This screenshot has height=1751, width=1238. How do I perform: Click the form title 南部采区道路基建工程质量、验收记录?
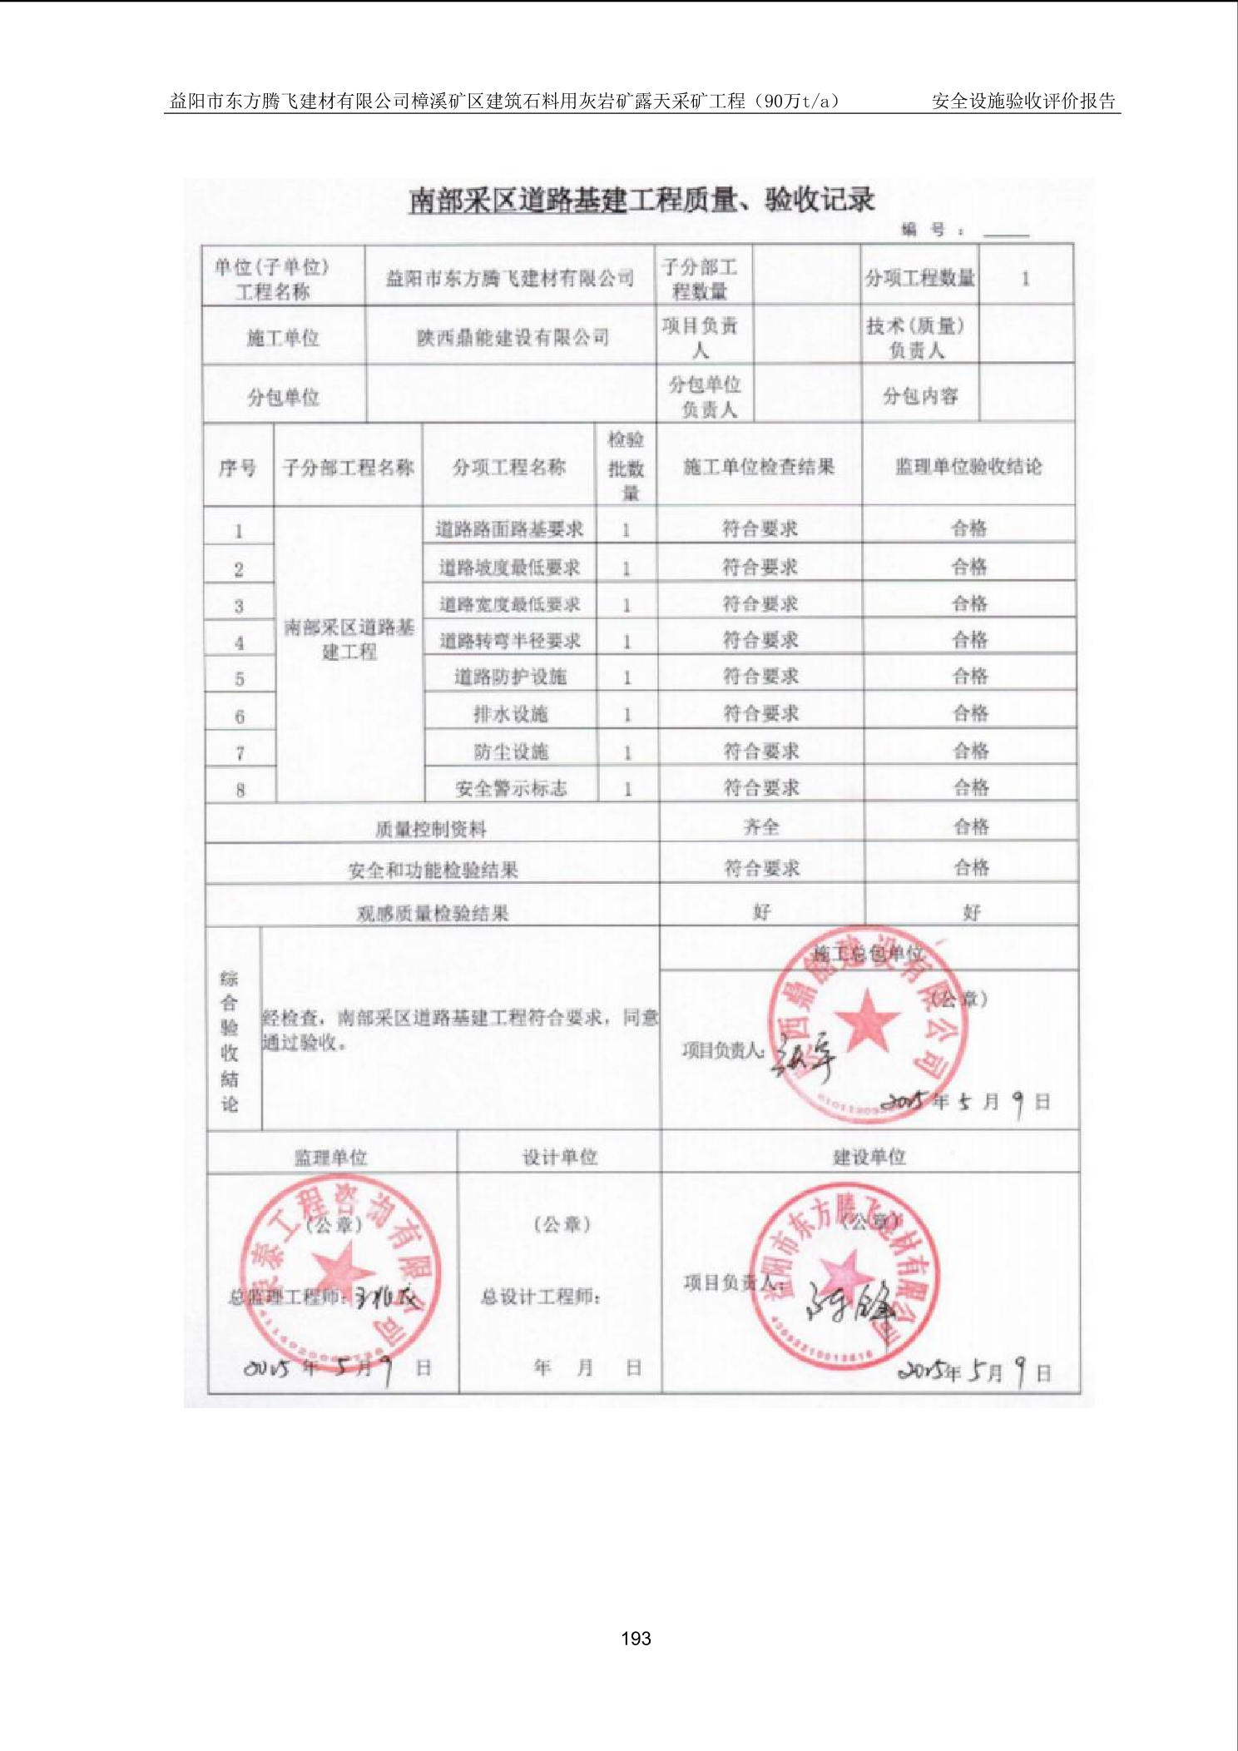[641, 201]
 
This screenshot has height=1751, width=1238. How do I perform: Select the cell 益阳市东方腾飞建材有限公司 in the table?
[510, 279]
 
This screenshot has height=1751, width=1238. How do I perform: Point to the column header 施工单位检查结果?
[759, 467]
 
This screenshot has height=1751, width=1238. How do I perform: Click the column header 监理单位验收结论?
[968, 467]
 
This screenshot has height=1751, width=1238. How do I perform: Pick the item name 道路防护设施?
[510, 677]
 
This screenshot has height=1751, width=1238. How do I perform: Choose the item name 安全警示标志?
[511, 788]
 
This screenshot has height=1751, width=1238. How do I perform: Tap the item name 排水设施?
[510, 714]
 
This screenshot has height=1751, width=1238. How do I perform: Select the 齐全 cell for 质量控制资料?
[761, 826]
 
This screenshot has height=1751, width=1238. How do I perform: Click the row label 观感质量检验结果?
[432, 913]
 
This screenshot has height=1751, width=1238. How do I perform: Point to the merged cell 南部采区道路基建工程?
[349, 639]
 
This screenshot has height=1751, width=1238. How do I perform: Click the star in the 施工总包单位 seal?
[867, 1019]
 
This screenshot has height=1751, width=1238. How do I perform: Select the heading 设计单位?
[559, 1157]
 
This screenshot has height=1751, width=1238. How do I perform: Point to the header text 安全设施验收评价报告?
[1023, 102]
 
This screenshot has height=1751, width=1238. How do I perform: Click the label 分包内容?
[920, 396]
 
